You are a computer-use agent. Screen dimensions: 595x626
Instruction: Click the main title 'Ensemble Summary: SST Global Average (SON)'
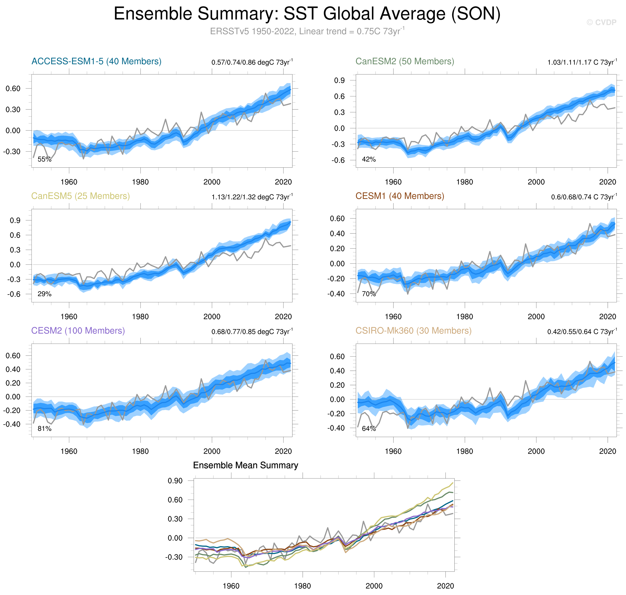pyautogui.click(x=307, y=14)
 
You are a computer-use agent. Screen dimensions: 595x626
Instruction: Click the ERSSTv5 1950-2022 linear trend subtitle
pyautogui.click(x=307, y=31)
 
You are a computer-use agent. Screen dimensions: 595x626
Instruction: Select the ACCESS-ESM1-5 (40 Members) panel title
pyautogui.click(x=96, y=61)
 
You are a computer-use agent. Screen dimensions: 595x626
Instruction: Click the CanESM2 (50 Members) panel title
pyautogui.click(x=404, y=61)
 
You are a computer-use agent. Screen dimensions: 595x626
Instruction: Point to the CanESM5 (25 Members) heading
pyautogui.click(x=81, y=196)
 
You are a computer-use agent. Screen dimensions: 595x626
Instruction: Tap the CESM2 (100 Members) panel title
pyautogui.click(x=78, y=331)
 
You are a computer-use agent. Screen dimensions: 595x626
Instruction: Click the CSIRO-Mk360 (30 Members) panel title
pyautogui.click(x=413, y=331)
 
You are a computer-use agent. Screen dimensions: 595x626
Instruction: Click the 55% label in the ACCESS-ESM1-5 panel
pyautogui.click(x=44, y=159)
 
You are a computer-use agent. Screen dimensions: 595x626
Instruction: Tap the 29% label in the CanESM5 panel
pyautogui.click(x=44, y=294)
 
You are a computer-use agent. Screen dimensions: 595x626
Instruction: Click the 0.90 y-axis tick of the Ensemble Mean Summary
pyautogui.click(x=175, y=481)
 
